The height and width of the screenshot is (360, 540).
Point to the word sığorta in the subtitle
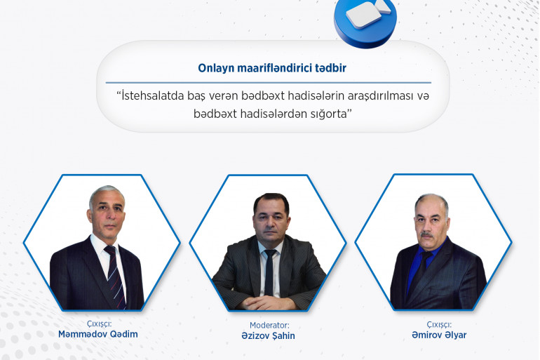tap(328, 114)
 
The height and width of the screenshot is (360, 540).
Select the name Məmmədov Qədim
tap(97, 334)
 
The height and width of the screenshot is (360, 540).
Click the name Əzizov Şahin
tap(269, 336)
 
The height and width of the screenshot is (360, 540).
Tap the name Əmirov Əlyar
tap(439, 335)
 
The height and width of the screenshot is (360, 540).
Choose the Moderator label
tap(269, 325)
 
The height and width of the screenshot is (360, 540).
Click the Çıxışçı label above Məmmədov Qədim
tap(99, 324)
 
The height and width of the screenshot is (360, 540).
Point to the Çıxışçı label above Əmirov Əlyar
tap(439, 324)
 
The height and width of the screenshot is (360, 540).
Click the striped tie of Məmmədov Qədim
tap(116, 276)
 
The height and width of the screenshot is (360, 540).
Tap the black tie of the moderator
tap(269, 272)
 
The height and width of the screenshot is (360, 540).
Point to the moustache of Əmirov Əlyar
tap(427, 235)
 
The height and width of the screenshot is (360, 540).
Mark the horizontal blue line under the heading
tap(269, 83)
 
